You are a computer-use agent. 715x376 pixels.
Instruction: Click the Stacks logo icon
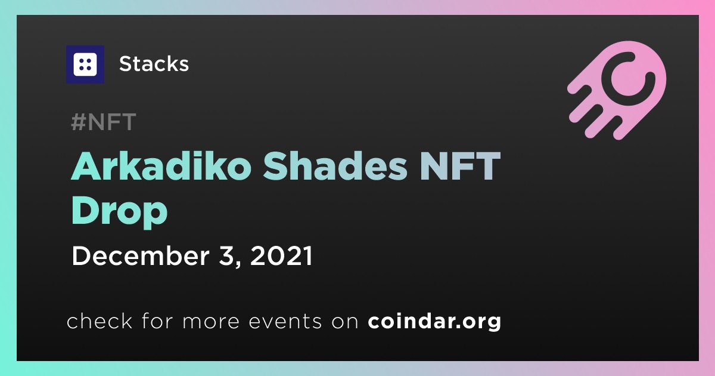pyautogui.click(x=85, y=64)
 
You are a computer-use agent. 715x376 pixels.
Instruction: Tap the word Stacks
pyautogui.click(x=154, y=64)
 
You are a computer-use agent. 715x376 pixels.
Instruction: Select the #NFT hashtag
pyautogui.click(x=104, y=122)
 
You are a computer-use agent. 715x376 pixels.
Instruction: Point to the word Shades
pyautogui.click(x=335, y=167)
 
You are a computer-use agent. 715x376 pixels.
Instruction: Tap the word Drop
pyautogui.click(x=119, y=212)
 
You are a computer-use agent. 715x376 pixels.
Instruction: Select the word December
pyautogui.click(x=141, y=256)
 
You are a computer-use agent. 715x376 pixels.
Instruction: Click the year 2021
pyautogui.click(x=281, y=256)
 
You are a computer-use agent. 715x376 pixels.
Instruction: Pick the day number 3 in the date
pyautogui.click(x=226, y=256)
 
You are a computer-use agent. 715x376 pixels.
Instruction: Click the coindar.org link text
pyautogui.click(x=434, y=321)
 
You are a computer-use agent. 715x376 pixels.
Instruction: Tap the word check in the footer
pyautogui.click(x=100, y=320)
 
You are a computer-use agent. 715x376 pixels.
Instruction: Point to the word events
pyautogui.click(x=285, y=321)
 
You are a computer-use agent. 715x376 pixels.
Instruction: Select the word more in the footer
pyautogui.click(x=211, y=322)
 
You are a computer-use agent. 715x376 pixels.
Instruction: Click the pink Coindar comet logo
pyautogui.click(x=617, y=90)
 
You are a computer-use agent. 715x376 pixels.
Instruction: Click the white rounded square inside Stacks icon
pyautogui.click(x=85, y=64)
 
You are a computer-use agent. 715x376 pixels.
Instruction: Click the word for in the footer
pyautogui.click(x=157, y=320)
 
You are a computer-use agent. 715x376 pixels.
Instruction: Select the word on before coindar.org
pyautogui.click(x=345, y=322)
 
